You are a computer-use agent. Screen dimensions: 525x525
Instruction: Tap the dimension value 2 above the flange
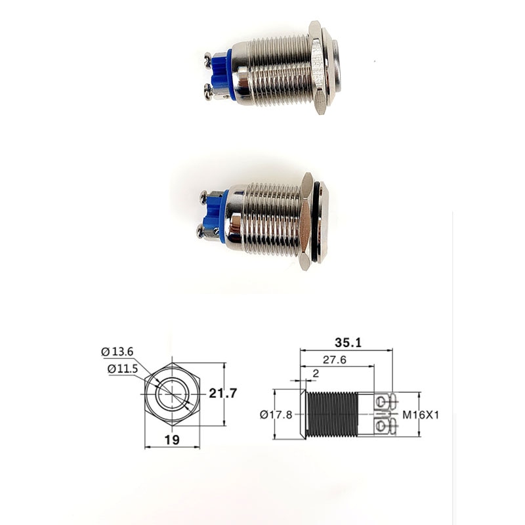tap(316, 373)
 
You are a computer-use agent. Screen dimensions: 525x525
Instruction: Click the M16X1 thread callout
tap(420, 414)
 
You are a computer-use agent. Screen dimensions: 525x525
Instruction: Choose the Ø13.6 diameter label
tap(117, 352)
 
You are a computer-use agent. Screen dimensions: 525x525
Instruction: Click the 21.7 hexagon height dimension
tap(222, 393)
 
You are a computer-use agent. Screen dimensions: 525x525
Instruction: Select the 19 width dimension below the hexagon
tap(172, 440)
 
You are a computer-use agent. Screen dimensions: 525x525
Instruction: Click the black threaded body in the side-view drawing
tap(332, 414)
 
